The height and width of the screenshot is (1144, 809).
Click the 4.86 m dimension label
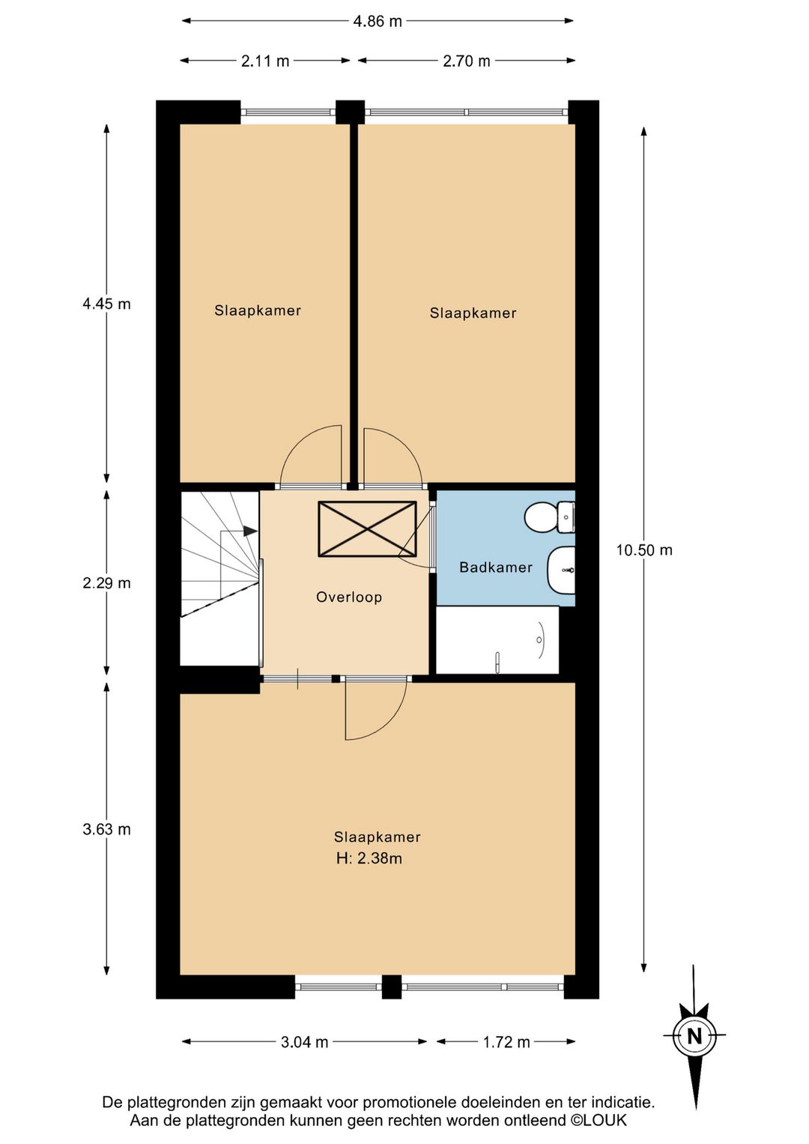coord(378,22)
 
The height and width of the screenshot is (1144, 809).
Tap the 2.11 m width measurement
coord(265,61)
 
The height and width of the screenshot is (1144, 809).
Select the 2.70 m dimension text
coord(466,61)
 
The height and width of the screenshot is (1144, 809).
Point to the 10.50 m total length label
coord(644,550)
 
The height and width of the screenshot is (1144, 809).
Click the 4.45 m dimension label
coord(106,304)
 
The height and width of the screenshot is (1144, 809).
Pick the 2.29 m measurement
coord(106,582)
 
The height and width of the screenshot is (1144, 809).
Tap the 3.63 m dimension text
coord(106,829)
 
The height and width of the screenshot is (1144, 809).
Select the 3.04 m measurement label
coord(304,1042)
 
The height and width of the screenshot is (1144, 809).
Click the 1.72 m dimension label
coord(506,1042)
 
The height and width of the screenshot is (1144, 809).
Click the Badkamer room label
coord(496,567)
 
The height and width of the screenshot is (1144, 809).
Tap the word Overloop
coord(349,597)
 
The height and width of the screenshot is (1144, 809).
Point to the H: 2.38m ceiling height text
coord(369,858)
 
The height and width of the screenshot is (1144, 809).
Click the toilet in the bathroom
coord(550,517)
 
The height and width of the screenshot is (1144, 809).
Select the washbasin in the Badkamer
coord(562,570)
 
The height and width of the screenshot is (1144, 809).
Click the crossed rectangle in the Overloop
coord(367,529)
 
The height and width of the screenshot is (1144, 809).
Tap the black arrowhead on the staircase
coord(250,531)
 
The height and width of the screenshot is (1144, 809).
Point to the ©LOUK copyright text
coord(599,1120)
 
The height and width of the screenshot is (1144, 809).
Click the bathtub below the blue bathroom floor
coord(497,640)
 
